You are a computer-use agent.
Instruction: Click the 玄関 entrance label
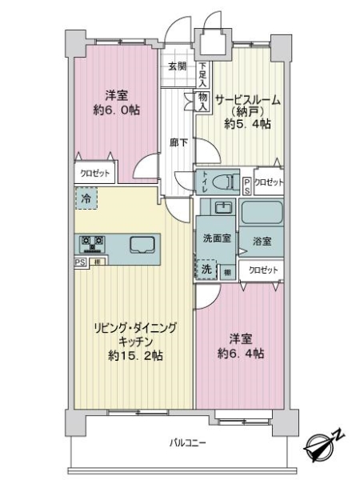[x=177, y=67]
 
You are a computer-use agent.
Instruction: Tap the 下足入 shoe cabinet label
[x=203, y=74]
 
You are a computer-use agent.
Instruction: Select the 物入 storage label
[x=202, y=102]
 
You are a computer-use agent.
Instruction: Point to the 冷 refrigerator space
[x=86, y=198]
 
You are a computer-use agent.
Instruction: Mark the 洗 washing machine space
[x=206, y=270]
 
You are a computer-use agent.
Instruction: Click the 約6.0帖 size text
[x=116, y=110]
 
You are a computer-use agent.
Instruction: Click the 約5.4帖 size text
[x=246, y=124]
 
